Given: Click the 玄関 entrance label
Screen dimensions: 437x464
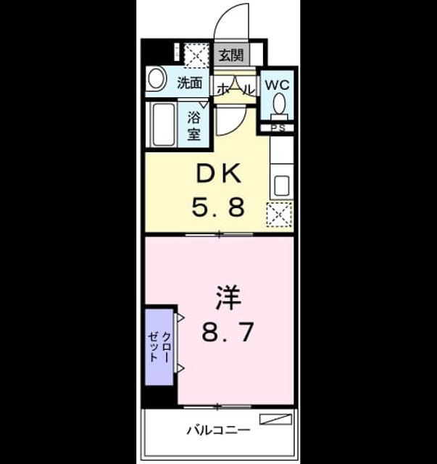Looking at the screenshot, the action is pos(231,55).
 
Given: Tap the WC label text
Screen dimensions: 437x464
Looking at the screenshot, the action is pos(277,86).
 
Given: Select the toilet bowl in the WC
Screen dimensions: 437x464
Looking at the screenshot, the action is pos(279,103).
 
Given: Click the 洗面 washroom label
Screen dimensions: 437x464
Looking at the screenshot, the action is pos(190,83).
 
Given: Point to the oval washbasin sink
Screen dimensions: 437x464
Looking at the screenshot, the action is pos(157,79).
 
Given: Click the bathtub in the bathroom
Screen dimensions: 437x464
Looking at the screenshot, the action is pos(163,124).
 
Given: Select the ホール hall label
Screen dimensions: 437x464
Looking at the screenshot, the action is pos(236,89).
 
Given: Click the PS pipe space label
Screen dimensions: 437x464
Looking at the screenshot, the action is pos(278,128).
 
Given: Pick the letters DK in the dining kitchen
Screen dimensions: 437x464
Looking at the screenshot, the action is pos(219,174).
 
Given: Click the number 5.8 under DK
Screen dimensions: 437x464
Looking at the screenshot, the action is pos(218,207).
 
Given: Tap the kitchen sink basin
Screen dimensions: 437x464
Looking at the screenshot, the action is pos(282,186).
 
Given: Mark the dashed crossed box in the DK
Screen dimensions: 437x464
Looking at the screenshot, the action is pos(279,215).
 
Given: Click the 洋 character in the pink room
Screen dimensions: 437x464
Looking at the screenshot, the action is pos(228,297).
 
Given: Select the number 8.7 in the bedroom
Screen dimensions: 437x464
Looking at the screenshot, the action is pos(228,332).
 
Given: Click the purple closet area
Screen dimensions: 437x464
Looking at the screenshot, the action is pos(159,347).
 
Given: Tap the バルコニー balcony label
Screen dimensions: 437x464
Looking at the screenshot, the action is pos(218,430).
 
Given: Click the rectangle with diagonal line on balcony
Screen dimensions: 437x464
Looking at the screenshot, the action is pos(275,419).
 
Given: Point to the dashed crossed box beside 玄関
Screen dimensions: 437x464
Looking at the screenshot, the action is pos(196,55).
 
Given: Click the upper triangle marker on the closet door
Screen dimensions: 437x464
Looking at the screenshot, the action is pos(180,318).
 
